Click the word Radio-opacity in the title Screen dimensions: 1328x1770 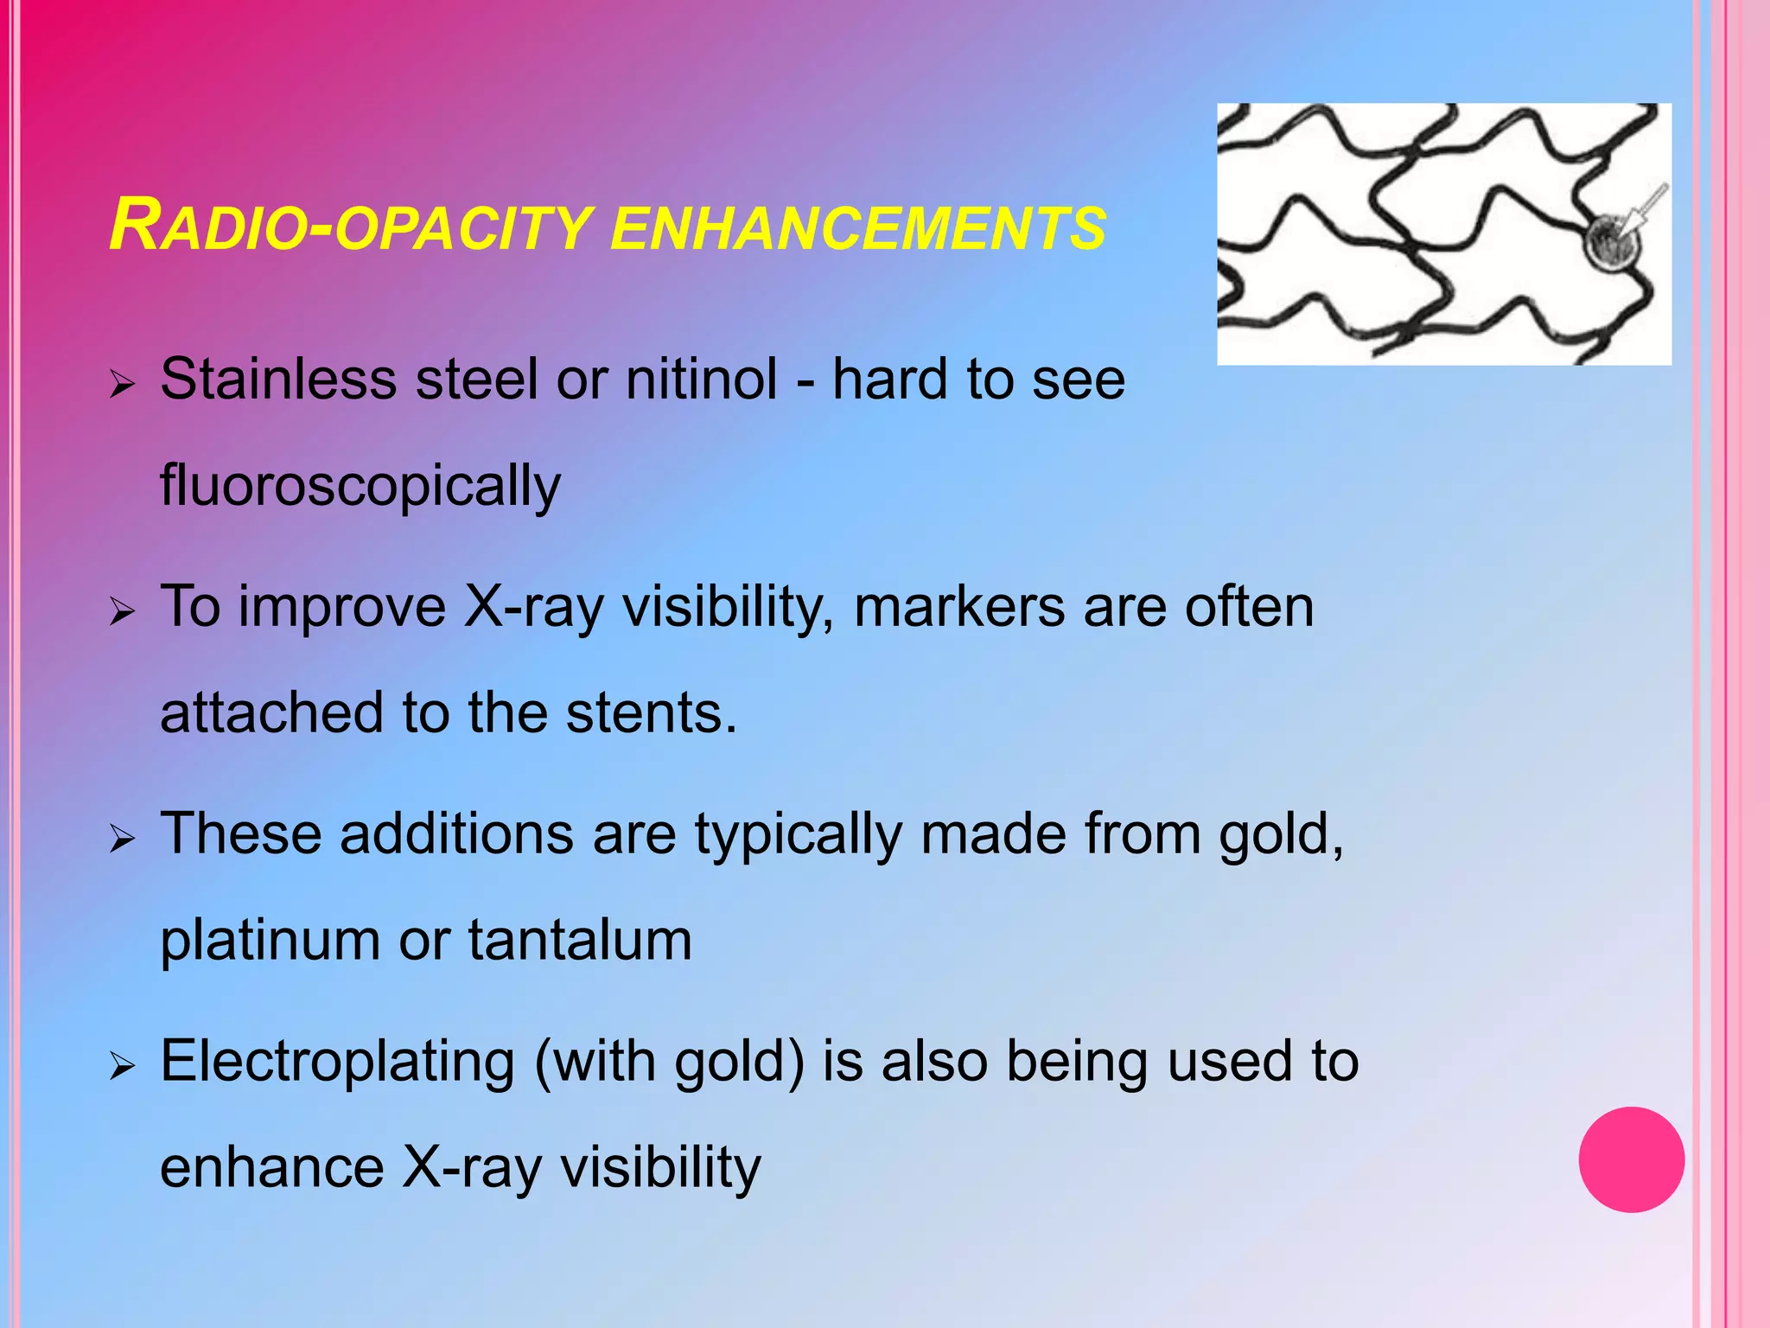coord(350,227)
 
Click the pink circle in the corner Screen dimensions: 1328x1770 coord(1631,1159)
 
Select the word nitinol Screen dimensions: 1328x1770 coord(701,380)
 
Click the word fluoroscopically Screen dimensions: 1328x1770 coord(360,487)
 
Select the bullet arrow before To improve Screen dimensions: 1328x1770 coord(123,612)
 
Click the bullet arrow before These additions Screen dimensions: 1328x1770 coord(123,839)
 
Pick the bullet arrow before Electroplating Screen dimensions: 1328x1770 coord(123,1066)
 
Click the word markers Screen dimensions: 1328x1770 coord(958,607)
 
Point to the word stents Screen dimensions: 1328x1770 coord(650,713)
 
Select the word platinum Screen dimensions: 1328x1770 coord(270,941)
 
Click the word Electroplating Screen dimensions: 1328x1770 coord(337,1062)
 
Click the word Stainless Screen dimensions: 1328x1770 coord(278,380)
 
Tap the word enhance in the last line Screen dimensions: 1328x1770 coord(271,1167)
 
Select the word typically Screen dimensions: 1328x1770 coord(798,836)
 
